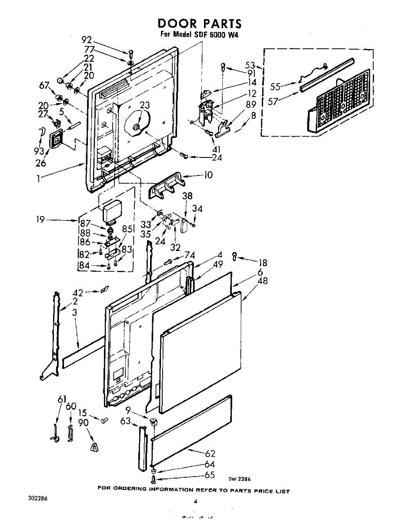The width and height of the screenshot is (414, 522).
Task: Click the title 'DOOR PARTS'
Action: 199,23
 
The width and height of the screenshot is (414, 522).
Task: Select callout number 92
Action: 87,40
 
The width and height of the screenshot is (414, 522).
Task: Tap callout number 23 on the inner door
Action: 144,105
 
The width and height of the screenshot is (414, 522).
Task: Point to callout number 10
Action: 208,175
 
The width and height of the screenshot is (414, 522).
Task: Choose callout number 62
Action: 210,454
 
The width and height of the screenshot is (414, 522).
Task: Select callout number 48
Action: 263,281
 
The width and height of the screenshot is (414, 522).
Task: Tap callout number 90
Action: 83,422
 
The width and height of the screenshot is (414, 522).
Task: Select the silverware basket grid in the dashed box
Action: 341,101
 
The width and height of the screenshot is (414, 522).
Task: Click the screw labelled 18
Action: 235,256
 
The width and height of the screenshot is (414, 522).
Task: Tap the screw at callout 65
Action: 154,479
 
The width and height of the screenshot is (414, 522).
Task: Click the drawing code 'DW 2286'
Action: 241,478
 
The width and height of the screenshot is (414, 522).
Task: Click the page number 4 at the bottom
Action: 195,502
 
